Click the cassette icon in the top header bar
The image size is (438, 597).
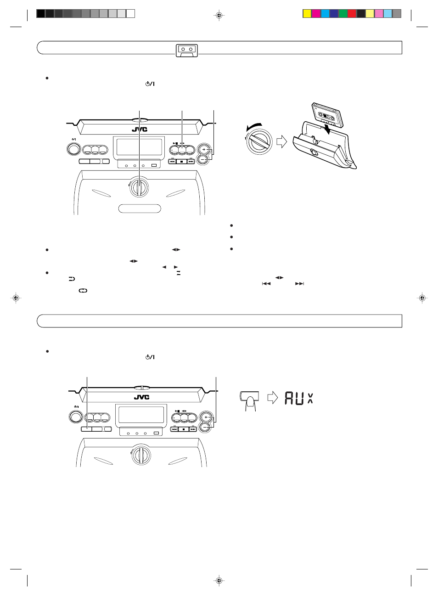(x=186, y=50)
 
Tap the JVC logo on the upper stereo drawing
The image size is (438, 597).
(x=140, y=130)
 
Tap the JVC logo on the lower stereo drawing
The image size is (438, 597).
(x=141, y=397)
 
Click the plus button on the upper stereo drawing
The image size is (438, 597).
(x=204, y=150)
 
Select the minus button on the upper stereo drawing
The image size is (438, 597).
(x=204, y=159)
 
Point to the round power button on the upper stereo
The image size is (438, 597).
(x=73, y=149)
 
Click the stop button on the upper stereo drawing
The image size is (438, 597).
(x=181, y=162)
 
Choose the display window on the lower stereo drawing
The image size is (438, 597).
(x=141, y=415)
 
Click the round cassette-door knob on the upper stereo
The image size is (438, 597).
(x=139, y=187)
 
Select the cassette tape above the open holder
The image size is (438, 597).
(x=327, y=114)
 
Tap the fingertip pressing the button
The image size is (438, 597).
(x=250, y=402)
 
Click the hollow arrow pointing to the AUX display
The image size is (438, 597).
(x=273, y=397)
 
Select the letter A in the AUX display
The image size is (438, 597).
(x=289, y=398)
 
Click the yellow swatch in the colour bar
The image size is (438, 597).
(x=307, y=14)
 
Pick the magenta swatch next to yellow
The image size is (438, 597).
(x=316, y=14)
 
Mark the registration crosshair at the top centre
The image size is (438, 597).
(x=219, y=16)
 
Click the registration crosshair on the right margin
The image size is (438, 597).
(x=422, y=298)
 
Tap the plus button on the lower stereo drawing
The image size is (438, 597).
(x=206, y=417)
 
